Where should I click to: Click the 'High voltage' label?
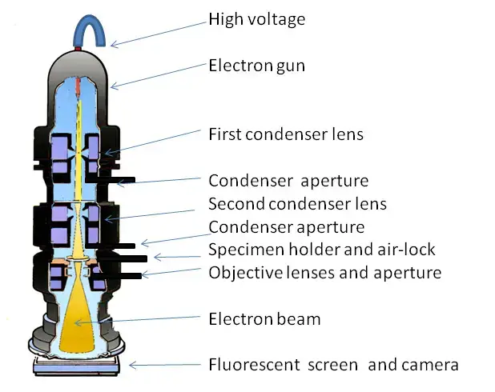(257, 19)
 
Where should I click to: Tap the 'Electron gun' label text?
(256, 66)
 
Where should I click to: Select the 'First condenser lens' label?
(286, 134)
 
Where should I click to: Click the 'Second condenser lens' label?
(297, 204)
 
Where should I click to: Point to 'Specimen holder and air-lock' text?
(322, 250)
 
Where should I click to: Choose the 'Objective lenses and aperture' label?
(325, 273)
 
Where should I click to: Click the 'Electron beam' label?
(264, 319)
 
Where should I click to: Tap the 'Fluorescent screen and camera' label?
(333, 365)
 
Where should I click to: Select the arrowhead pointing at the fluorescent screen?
(133, 365)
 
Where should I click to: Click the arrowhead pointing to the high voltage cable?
(114, 44)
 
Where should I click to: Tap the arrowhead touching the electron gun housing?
(114, 86)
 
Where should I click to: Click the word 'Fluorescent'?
(254, 365)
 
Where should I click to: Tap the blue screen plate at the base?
(76, 368)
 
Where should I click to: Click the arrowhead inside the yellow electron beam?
(78, 322)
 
